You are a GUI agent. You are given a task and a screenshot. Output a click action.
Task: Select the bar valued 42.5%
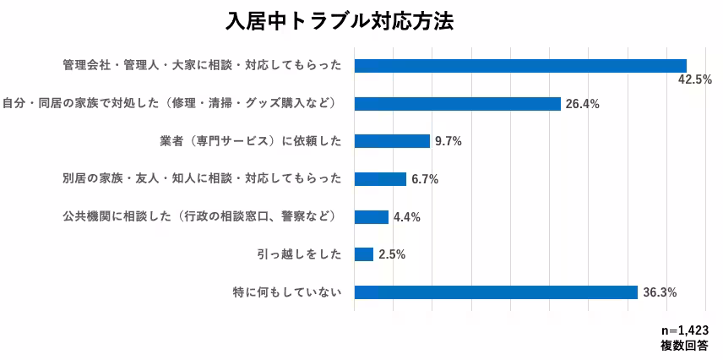tap(520, 66)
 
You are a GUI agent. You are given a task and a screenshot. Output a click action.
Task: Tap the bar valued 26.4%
tap(457, 104)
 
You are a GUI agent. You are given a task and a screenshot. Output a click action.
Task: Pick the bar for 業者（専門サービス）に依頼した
tap(392, 141)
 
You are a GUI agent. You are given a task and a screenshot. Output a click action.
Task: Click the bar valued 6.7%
tap(380, 179)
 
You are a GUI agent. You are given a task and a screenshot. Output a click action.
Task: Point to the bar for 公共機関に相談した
tap(371, 217)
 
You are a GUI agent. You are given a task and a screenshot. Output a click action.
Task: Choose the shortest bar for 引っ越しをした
tap(364, 254)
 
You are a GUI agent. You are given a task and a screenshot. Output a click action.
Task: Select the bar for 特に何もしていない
tap(496, 292)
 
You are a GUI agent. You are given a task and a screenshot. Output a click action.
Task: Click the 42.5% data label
tap(695, 79)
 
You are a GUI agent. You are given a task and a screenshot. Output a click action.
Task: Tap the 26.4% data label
tap(582, 105)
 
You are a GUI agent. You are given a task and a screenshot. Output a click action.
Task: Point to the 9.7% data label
tap(448, 142)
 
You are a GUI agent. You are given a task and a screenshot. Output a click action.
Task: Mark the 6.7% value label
tap(424, 180)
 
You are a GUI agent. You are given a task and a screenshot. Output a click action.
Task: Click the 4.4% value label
tap(406, 217)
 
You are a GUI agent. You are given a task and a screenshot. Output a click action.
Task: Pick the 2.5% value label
tap(392, 255)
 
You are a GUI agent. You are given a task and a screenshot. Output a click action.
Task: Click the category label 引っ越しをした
tap(299, 254)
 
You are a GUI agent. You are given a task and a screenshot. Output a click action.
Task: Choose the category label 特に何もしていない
tap(286, 292)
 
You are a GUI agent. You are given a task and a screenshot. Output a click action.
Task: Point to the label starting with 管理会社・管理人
tap(202, 66)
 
